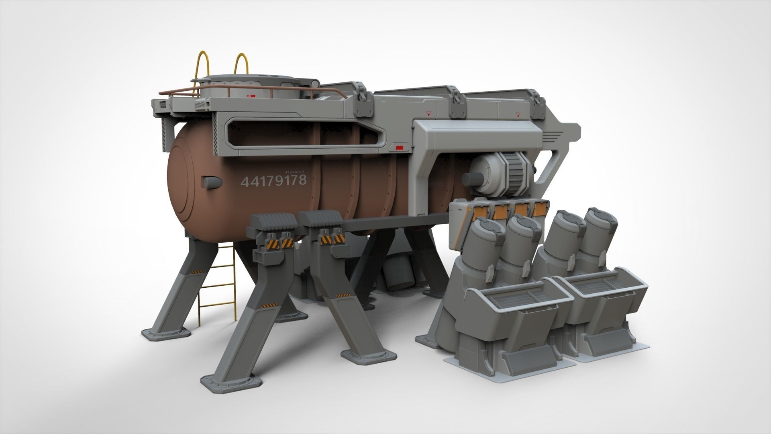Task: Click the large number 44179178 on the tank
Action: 273,180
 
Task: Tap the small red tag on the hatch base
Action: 251,96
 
